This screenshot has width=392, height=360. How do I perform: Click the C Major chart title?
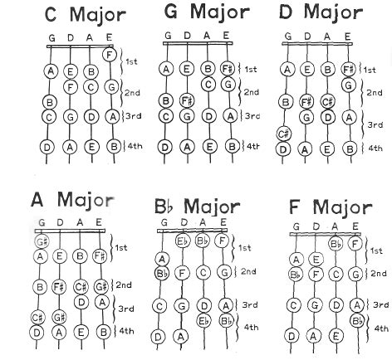(86, 15)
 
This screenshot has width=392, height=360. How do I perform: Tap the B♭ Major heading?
(198, 207)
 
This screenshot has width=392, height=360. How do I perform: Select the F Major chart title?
(331, 207)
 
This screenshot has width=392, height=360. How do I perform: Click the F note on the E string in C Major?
(110, 55)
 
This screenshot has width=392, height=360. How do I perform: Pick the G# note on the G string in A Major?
(42, 241)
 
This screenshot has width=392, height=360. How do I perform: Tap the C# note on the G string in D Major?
(283, 134)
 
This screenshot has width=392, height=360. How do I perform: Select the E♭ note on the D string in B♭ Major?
(183, 241)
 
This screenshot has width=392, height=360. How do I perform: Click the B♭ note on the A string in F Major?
(336, 244)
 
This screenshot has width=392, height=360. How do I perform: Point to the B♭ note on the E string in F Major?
(357, 321)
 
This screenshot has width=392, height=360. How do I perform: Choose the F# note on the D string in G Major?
(187, 100)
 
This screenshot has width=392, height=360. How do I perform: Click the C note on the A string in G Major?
(208, 85)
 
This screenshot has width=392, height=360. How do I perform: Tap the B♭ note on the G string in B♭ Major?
(161, 273)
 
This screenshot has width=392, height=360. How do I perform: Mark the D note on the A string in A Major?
(81, 302)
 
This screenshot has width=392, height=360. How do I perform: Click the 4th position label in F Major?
(381, 328)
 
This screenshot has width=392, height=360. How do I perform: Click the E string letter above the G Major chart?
(226, 36)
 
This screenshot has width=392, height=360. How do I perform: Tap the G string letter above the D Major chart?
(288, 36)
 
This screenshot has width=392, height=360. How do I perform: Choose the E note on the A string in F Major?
(336, 336)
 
